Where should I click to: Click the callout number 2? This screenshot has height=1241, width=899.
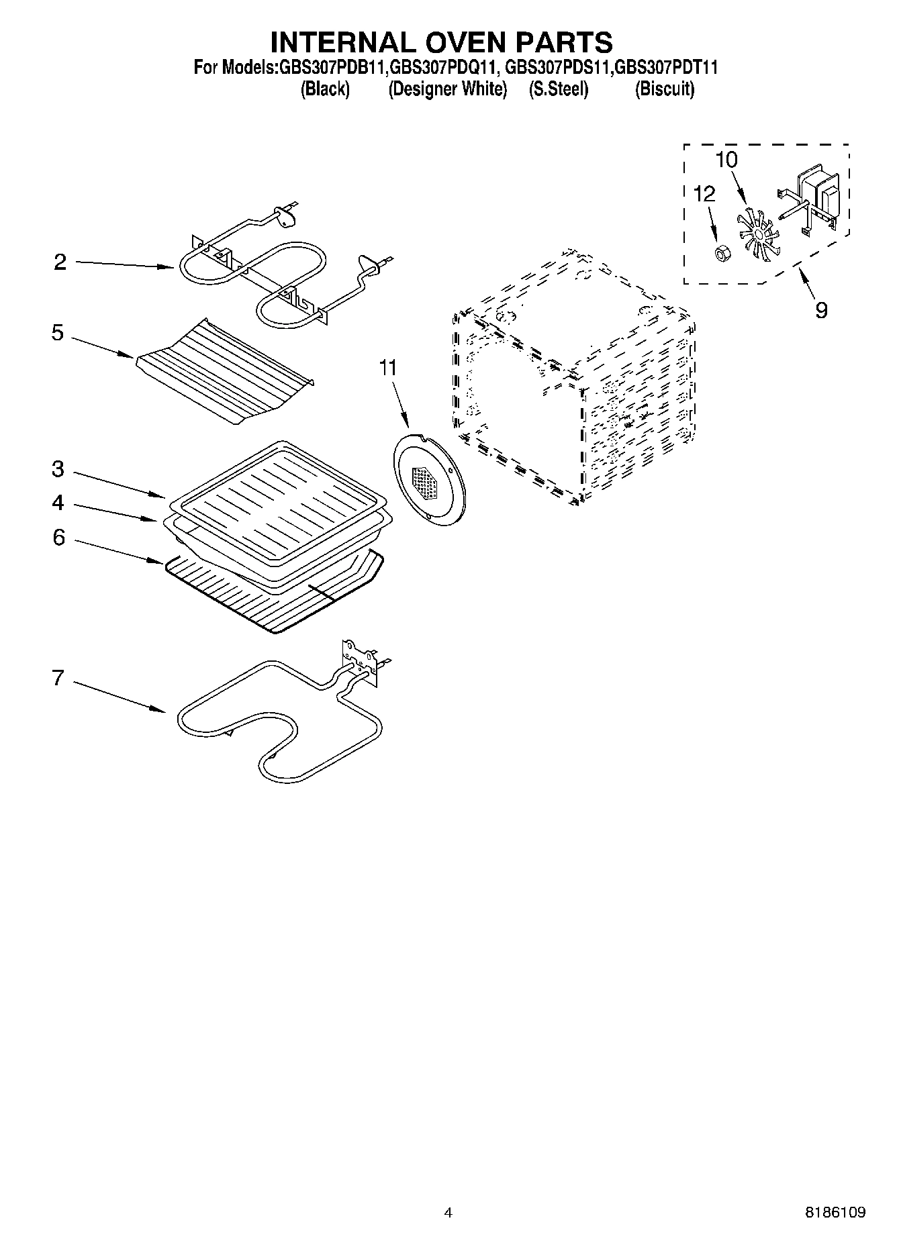tap(60, 262)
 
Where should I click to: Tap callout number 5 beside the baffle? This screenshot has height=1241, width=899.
tap(58, 333)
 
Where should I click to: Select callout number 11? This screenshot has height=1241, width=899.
tap(388, 368)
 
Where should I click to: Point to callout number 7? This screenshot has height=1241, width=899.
tap(58, 679)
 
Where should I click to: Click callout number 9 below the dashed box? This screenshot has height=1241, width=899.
tap(821, 310)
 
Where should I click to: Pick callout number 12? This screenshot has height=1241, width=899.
tap(704, 194)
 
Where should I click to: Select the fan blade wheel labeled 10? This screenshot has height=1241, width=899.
tap(756, 235)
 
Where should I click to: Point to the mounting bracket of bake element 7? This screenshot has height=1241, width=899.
tap(361, 660)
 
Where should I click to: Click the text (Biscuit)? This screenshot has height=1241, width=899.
tap(665, 89)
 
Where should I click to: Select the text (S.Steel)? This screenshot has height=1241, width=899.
tap(558, 89)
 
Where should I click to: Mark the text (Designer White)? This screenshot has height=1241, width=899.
tap(447, 89)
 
